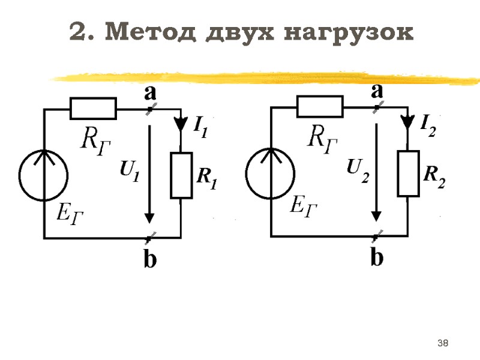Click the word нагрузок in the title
(349, 33)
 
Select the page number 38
(443, 343)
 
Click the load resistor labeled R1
(181, 175)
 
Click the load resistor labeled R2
(408, 173)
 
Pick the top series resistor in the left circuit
(93, 109)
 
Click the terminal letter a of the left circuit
(150, 94)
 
